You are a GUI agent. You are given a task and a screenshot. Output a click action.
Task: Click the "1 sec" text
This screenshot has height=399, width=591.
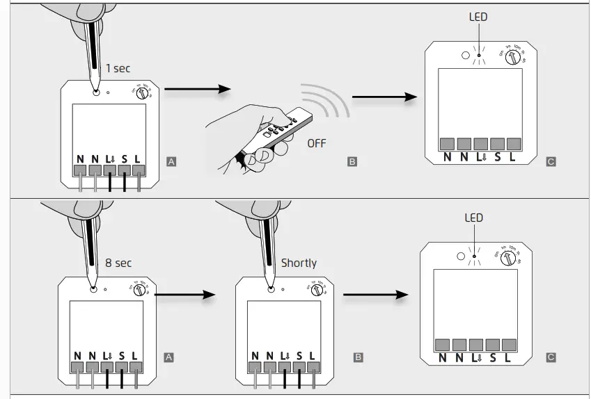(118, 68)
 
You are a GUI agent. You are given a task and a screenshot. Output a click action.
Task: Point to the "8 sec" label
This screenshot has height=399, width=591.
(118, 263)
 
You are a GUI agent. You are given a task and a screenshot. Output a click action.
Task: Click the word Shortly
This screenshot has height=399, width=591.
(299, 263)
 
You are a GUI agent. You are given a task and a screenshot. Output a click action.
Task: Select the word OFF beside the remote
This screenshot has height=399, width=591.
(316, 143)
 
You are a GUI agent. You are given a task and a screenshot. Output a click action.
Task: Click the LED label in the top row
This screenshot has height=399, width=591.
(478, 17)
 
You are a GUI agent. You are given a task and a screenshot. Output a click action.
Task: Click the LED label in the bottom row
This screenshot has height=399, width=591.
(473, 218)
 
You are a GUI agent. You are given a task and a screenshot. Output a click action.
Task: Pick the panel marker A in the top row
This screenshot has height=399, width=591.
(171, 161)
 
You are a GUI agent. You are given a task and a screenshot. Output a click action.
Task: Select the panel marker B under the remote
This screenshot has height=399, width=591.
(352, 161)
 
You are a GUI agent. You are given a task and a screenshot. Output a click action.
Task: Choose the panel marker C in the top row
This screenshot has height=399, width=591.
(551, 161)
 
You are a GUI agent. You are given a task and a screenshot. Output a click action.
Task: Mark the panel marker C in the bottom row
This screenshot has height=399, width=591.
(551, 357)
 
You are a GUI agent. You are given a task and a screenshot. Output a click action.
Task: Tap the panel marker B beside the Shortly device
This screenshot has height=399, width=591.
(358, 357)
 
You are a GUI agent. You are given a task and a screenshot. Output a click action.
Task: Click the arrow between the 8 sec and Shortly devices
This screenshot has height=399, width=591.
(182, 295)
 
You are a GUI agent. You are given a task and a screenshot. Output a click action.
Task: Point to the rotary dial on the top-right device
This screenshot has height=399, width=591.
(513, 57)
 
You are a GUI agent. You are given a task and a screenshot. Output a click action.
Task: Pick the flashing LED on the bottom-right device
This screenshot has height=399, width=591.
(473, 258)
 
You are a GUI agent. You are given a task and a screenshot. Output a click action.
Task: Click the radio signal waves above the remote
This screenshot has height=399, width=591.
(327, 101)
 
